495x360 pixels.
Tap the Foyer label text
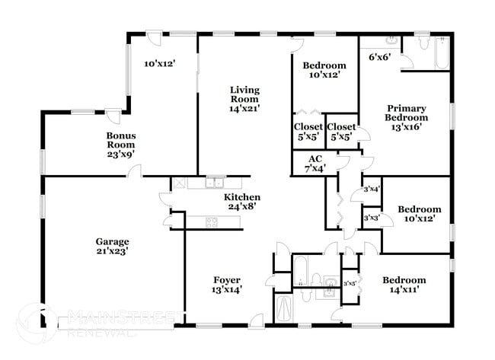(x=226, y=279)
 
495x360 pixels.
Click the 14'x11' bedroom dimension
(x=404, y=289)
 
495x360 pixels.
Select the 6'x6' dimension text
(x=380, y=56)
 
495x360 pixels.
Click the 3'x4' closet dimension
(x=372, y=189)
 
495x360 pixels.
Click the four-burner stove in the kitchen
(x=211, y=222)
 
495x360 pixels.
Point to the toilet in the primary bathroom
(x=420, y=43)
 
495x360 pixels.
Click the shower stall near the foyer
(x=283, y=308)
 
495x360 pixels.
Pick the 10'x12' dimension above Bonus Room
(x=160, y=64)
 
